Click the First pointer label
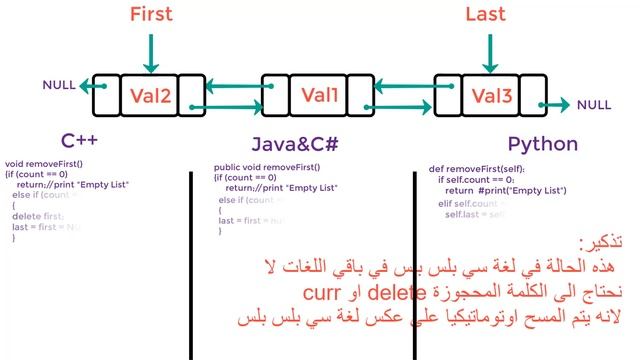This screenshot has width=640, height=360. click(151, 14)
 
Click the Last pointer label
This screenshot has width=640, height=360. click(489, 14)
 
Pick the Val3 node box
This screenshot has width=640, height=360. click(491, 96)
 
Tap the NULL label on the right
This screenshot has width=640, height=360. click(594, 105)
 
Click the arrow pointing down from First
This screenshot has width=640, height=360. click(151, 49)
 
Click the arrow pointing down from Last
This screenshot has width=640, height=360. click(489, 49)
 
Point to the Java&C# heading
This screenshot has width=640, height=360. click(296, 144)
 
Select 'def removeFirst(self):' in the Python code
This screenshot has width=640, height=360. click(476, 169)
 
